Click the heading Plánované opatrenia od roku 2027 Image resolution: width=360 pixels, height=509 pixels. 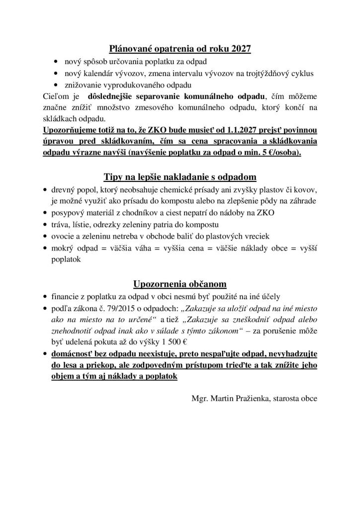pyautogui.click(x=180, y=49)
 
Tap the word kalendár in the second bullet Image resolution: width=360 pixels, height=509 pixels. pyautogui.click(x=97, y=74)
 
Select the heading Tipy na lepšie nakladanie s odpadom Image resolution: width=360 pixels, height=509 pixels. pyautogui.click(x=180, y=177)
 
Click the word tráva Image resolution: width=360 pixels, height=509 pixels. pyautogui.click(x=61, y=225)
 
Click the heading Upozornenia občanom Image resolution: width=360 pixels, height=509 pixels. pyautogui.click(x=180, y=284)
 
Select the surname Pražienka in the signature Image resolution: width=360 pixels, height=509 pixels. pyautogui.click(x=249, y=398)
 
